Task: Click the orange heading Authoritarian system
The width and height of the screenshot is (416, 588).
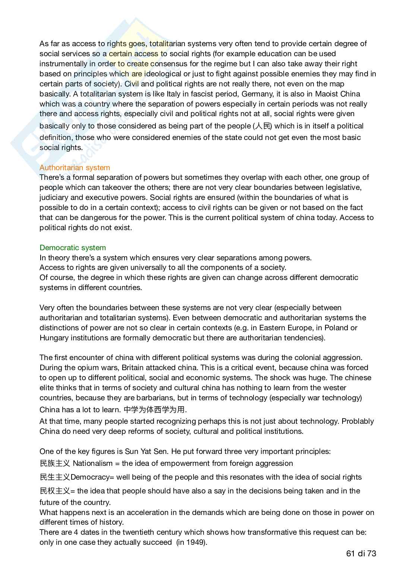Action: (75, 168)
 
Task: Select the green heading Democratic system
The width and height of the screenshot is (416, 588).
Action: (73, 248)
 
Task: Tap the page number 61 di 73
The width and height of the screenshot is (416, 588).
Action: (361, 553)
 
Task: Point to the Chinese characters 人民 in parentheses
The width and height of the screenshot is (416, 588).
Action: (262, 126)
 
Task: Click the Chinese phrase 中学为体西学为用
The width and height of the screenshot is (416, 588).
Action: (154, 410)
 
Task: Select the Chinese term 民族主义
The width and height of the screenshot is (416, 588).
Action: (55, 463)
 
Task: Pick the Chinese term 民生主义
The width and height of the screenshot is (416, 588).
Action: (55, 477)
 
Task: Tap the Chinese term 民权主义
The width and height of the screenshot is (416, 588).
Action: (55, 491)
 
